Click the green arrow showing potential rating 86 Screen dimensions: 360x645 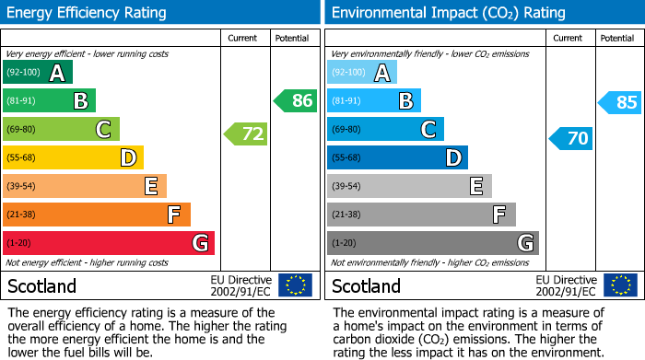click(x=296, y=101)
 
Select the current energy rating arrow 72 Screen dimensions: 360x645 click(x=246, y=134)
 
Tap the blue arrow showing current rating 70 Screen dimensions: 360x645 click(x=570, y=139)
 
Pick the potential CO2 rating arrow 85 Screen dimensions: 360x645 click(x=620, y=102)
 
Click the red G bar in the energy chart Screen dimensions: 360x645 click(x=109, y=243)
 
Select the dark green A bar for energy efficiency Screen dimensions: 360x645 click(x=38, y=73)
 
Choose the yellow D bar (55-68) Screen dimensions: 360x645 click(x=73, y=158)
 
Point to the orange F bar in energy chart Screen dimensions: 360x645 click(x=97, y=215)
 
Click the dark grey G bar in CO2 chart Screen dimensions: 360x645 click(x=432, y=243)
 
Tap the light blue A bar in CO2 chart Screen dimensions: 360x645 click(x=362, y=73)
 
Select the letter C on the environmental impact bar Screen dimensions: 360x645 click(x=428, y=130)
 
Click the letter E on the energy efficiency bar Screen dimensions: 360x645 click(x=150, y=187)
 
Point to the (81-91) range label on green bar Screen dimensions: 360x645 click(x=22, y=101)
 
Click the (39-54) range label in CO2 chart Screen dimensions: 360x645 click(x=347, y=187)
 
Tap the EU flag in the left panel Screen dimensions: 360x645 click(x=296, y=285)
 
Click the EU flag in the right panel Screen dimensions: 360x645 click(x=620, y=285)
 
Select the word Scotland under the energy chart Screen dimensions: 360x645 click(x=42, y=286)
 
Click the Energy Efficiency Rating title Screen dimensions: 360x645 click(x=87, y=13)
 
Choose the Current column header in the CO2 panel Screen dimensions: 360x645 click(x=569, y=38)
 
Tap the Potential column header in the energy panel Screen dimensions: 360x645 click(x=292, y=38)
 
